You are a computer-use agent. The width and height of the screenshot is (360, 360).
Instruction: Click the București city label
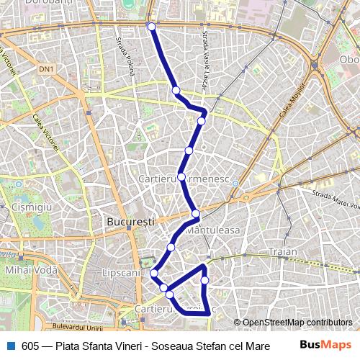click(x=130, y=223)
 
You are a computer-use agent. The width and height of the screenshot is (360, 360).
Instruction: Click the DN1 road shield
click(x=47, y=69)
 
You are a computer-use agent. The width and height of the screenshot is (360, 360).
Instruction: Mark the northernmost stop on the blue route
click(x=151, y=27)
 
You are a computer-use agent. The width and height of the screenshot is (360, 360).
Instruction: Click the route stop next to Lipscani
click(x=154, y=273)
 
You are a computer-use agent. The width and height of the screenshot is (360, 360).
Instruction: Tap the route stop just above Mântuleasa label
click(x=196, y=213)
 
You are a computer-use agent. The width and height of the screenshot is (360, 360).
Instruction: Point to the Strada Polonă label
click(x=126, y=58)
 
